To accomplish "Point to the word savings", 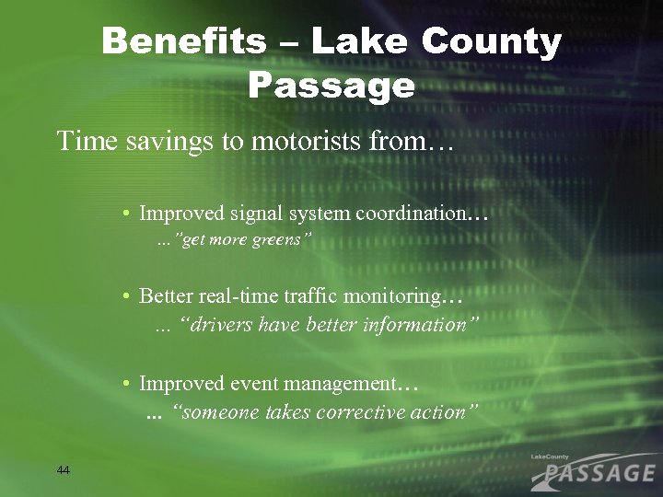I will (x=157, y=142).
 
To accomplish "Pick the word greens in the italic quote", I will (x=284, y=240).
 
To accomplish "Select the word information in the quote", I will (x=413, y=325).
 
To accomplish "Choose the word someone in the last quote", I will (x=222, y=412).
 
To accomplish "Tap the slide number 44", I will (x=63, y=470).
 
